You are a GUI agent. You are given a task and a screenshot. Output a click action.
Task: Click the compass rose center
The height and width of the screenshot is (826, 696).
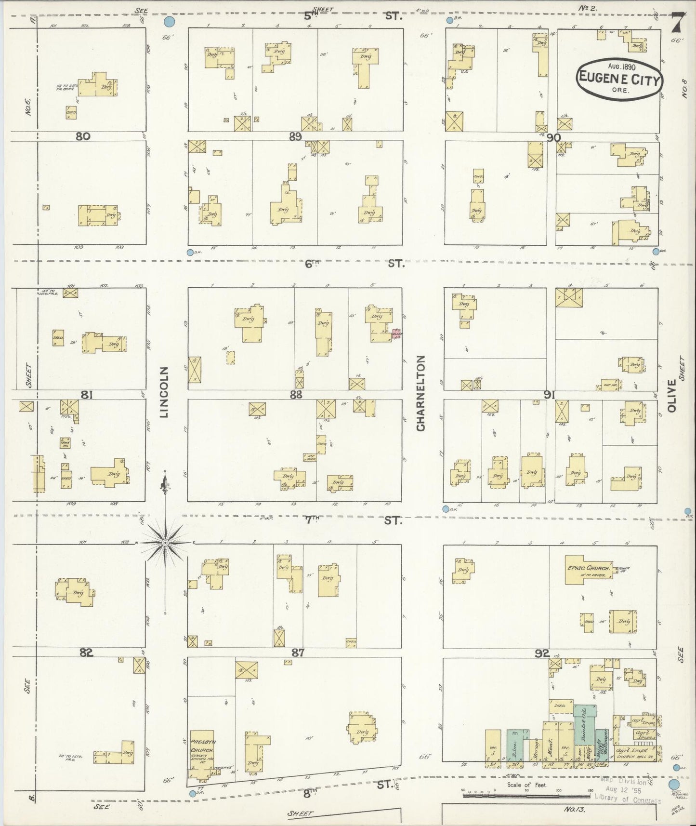tap(165, 543)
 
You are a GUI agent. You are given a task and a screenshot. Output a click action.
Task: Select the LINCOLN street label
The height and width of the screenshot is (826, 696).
tap(164, 391)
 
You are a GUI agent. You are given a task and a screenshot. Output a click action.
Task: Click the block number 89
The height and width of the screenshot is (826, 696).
tap(295, 136)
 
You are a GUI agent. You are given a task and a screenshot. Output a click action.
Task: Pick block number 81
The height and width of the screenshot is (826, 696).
tap(86, 395)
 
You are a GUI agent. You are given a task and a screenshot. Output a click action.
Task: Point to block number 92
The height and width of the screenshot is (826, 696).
tap(542, 653)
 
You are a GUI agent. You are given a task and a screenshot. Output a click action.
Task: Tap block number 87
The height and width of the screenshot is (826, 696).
tap(298, 653)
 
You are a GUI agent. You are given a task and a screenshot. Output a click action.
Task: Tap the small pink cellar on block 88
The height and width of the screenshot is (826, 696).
tap(396, 334)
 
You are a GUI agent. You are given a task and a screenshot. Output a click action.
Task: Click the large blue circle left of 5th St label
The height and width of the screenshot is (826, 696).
tap(169, 22)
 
